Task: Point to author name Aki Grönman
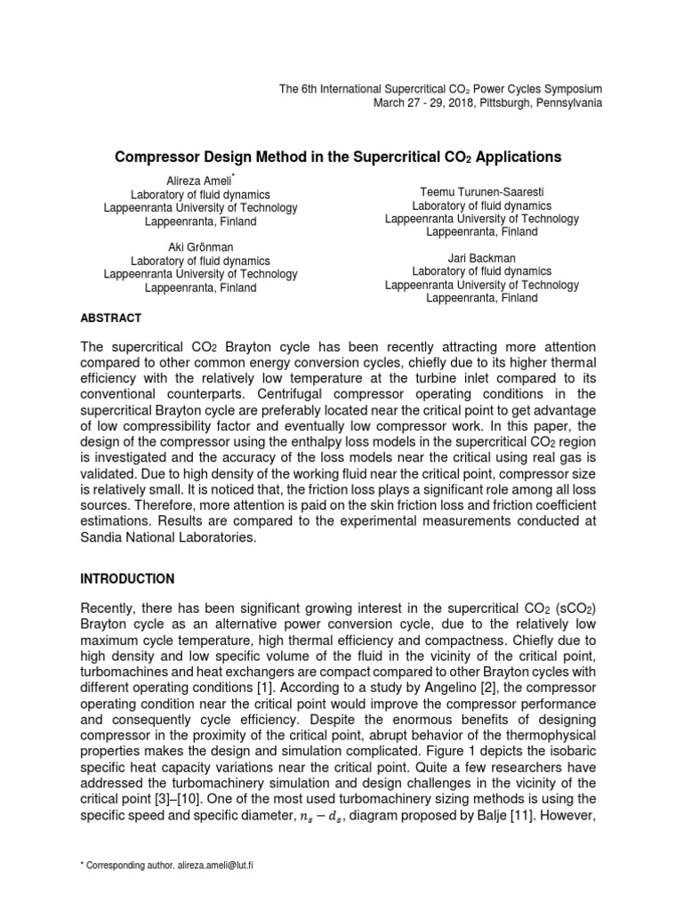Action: pyautogui.click(x=200, y=247)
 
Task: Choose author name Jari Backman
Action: pyautogui.click(x=481, y=258)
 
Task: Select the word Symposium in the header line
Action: pyautogui.click(x=572, y=89)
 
